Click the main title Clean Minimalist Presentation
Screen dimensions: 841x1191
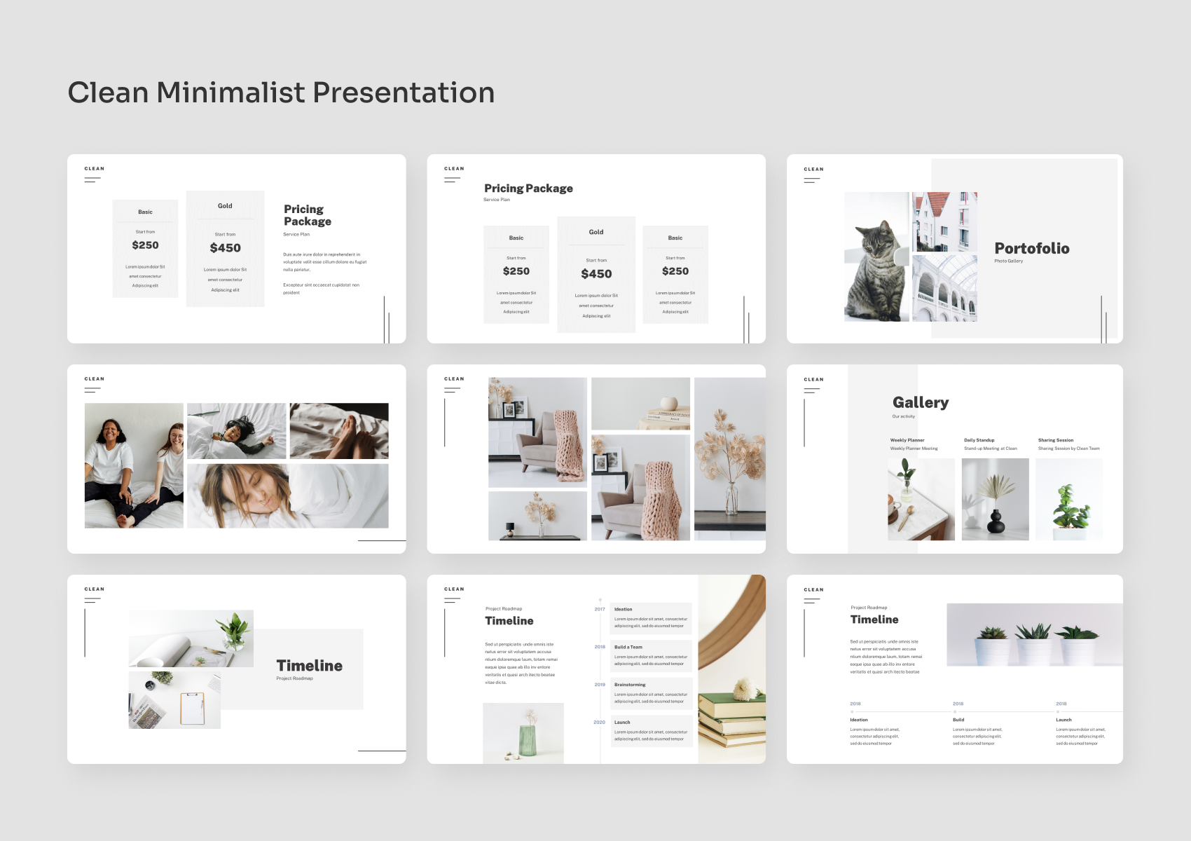point(281,93)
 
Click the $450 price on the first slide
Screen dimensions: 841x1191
point(225,248)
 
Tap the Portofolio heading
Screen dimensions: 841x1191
point(1031,248)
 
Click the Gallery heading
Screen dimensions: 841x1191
point(920,402)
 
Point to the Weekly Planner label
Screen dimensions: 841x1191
point(907,440)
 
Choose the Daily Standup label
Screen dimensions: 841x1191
point(979,440)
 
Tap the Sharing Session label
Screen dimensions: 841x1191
point(1055,440)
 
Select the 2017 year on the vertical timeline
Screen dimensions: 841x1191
point(599,609)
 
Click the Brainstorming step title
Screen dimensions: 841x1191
point(630,685)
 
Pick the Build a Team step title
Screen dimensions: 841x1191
point(628,647)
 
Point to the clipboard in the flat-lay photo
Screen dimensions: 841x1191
point(192,708)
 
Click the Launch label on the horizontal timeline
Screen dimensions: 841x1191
point(1063,720)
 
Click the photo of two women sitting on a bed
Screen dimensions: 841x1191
point(134,465)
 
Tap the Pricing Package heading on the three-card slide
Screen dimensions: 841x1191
point(528,189)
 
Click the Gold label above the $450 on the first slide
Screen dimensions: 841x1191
point(225,206)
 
